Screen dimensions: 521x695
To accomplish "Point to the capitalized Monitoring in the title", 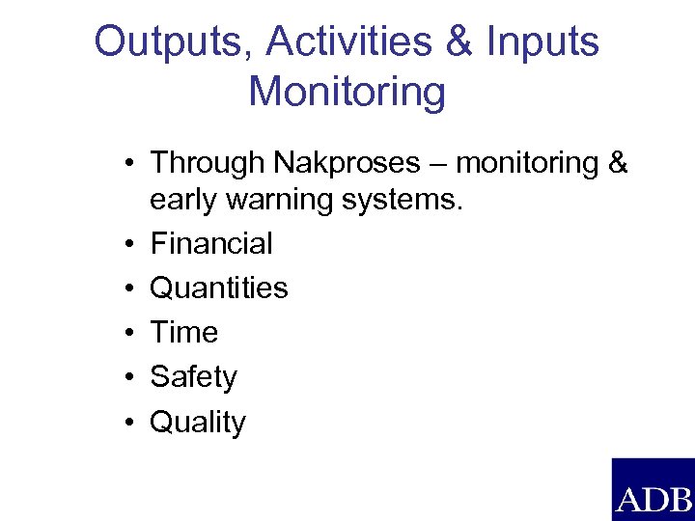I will pyautogui.click(x=347, y=93).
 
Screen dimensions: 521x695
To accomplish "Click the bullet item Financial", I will pyautogui.click(x=211, y=243).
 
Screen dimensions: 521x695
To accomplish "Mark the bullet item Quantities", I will pyautogui.click(x=219, y=288).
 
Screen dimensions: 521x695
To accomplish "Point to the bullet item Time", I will pyautogui.click(x=184, y=333).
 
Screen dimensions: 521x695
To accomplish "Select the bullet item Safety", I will pyautogui.click(x=193, y=377).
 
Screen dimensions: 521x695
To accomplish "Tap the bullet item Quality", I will pyautogui.click(x=198, y=423).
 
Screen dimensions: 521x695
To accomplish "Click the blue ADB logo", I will pyautogui.click(x=653, y=489).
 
